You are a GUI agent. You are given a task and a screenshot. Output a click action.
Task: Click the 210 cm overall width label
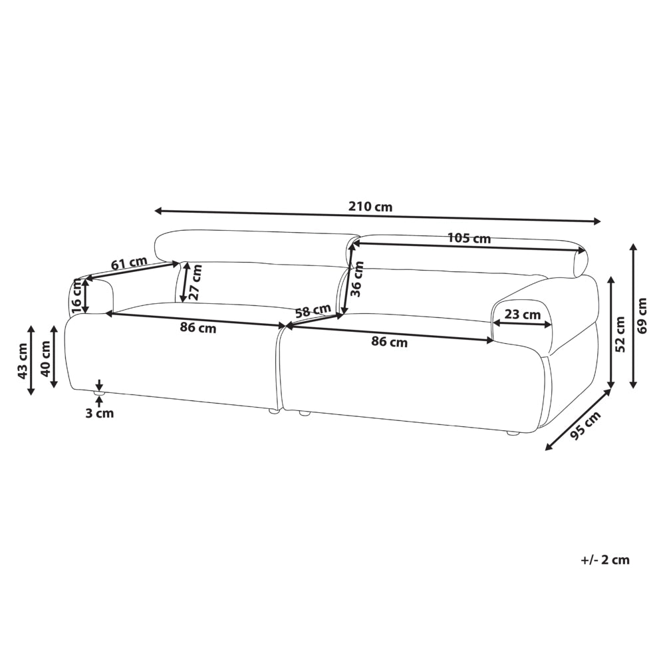[370, 207]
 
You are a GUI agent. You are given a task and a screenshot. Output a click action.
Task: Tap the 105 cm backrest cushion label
[469, 238]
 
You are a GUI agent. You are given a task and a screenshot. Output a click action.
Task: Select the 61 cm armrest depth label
[129, 263]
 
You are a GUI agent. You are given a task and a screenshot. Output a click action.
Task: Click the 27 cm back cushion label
[196, 281]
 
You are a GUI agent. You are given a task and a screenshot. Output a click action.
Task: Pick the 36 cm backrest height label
[358, 279]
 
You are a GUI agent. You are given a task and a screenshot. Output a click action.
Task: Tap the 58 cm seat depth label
[313, 311]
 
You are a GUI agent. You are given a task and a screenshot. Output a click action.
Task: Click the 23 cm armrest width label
[523, 315]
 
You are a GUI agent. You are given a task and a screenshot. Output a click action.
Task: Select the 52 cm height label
[620, 334]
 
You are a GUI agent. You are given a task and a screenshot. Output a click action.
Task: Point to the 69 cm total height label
[642, 315]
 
